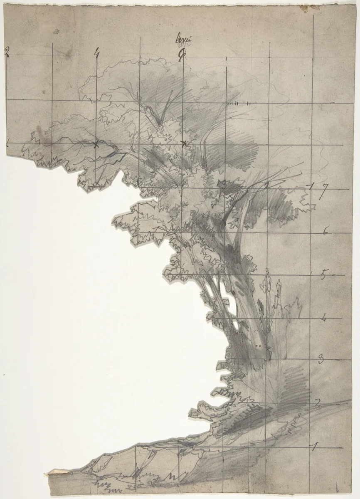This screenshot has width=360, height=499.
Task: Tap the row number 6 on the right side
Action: pyautogui.click(x=325, y=231)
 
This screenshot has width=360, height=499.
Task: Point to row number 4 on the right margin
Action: pyautogui.click(x=323, y=319)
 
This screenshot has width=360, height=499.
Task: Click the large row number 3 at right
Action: pyautogui.click(x=321, y=360)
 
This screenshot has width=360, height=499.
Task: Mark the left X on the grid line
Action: pyautogui.click(x=96, y=144)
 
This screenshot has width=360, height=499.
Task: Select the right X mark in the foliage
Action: pyautogui.click(x=184, y=144)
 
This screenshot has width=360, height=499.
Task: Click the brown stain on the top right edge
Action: pyautogui.click(x=306, y=7)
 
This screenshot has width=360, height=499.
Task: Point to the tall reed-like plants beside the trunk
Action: pyautogui.click(x=270, y=295)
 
